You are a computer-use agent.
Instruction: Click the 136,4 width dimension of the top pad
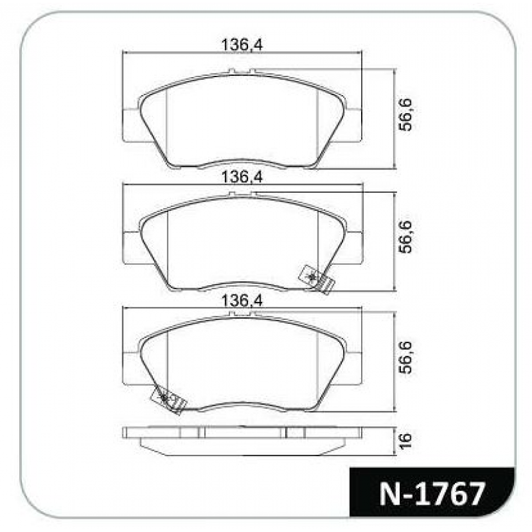point(242,45)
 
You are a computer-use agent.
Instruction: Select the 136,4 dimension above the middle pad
point(242,177)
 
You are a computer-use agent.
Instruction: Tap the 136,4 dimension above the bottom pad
point(242,301)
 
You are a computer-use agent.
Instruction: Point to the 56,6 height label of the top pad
point(406,114)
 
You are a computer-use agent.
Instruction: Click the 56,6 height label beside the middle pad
point(406,237)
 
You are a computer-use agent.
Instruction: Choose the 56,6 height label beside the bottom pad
point(406,358)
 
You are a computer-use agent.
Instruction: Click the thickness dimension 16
point(406,441)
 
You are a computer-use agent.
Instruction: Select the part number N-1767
point(432,494)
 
